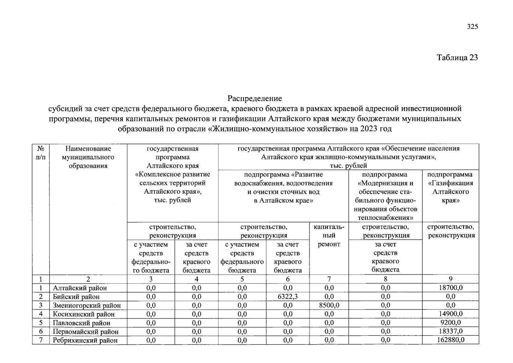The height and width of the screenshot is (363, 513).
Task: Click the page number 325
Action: tap(472, 27)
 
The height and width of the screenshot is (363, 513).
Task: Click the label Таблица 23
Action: tap(457, 57)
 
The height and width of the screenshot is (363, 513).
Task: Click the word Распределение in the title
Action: tap(255, 98)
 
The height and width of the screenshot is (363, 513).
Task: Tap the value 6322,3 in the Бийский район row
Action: tap(287, 296)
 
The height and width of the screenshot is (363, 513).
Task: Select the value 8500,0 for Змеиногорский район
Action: tap(329, 305)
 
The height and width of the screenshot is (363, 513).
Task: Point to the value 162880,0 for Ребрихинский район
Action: tap(450, 340)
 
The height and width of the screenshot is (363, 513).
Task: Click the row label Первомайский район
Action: tap(86, 332)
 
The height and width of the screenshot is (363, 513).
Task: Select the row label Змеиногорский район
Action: tap(87, 306)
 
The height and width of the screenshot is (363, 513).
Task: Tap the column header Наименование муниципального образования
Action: tap(88, 157)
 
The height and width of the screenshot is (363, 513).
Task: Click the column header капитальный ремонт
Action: tap(329, 235)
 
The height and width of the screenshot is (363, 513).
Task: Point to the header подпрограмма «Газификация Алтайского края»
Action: tap(450, 188)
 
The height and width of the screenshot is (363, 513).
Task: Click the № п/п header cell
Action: tap(41, 153)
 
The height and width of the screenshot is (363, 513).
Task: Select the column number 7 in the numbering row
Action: tap(329, 279)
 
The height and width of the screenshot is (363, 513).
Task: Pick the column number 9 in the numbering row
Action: tap(450, 279)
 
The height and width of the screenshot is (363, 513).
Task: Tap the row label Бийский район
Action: tap(76, 297)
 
